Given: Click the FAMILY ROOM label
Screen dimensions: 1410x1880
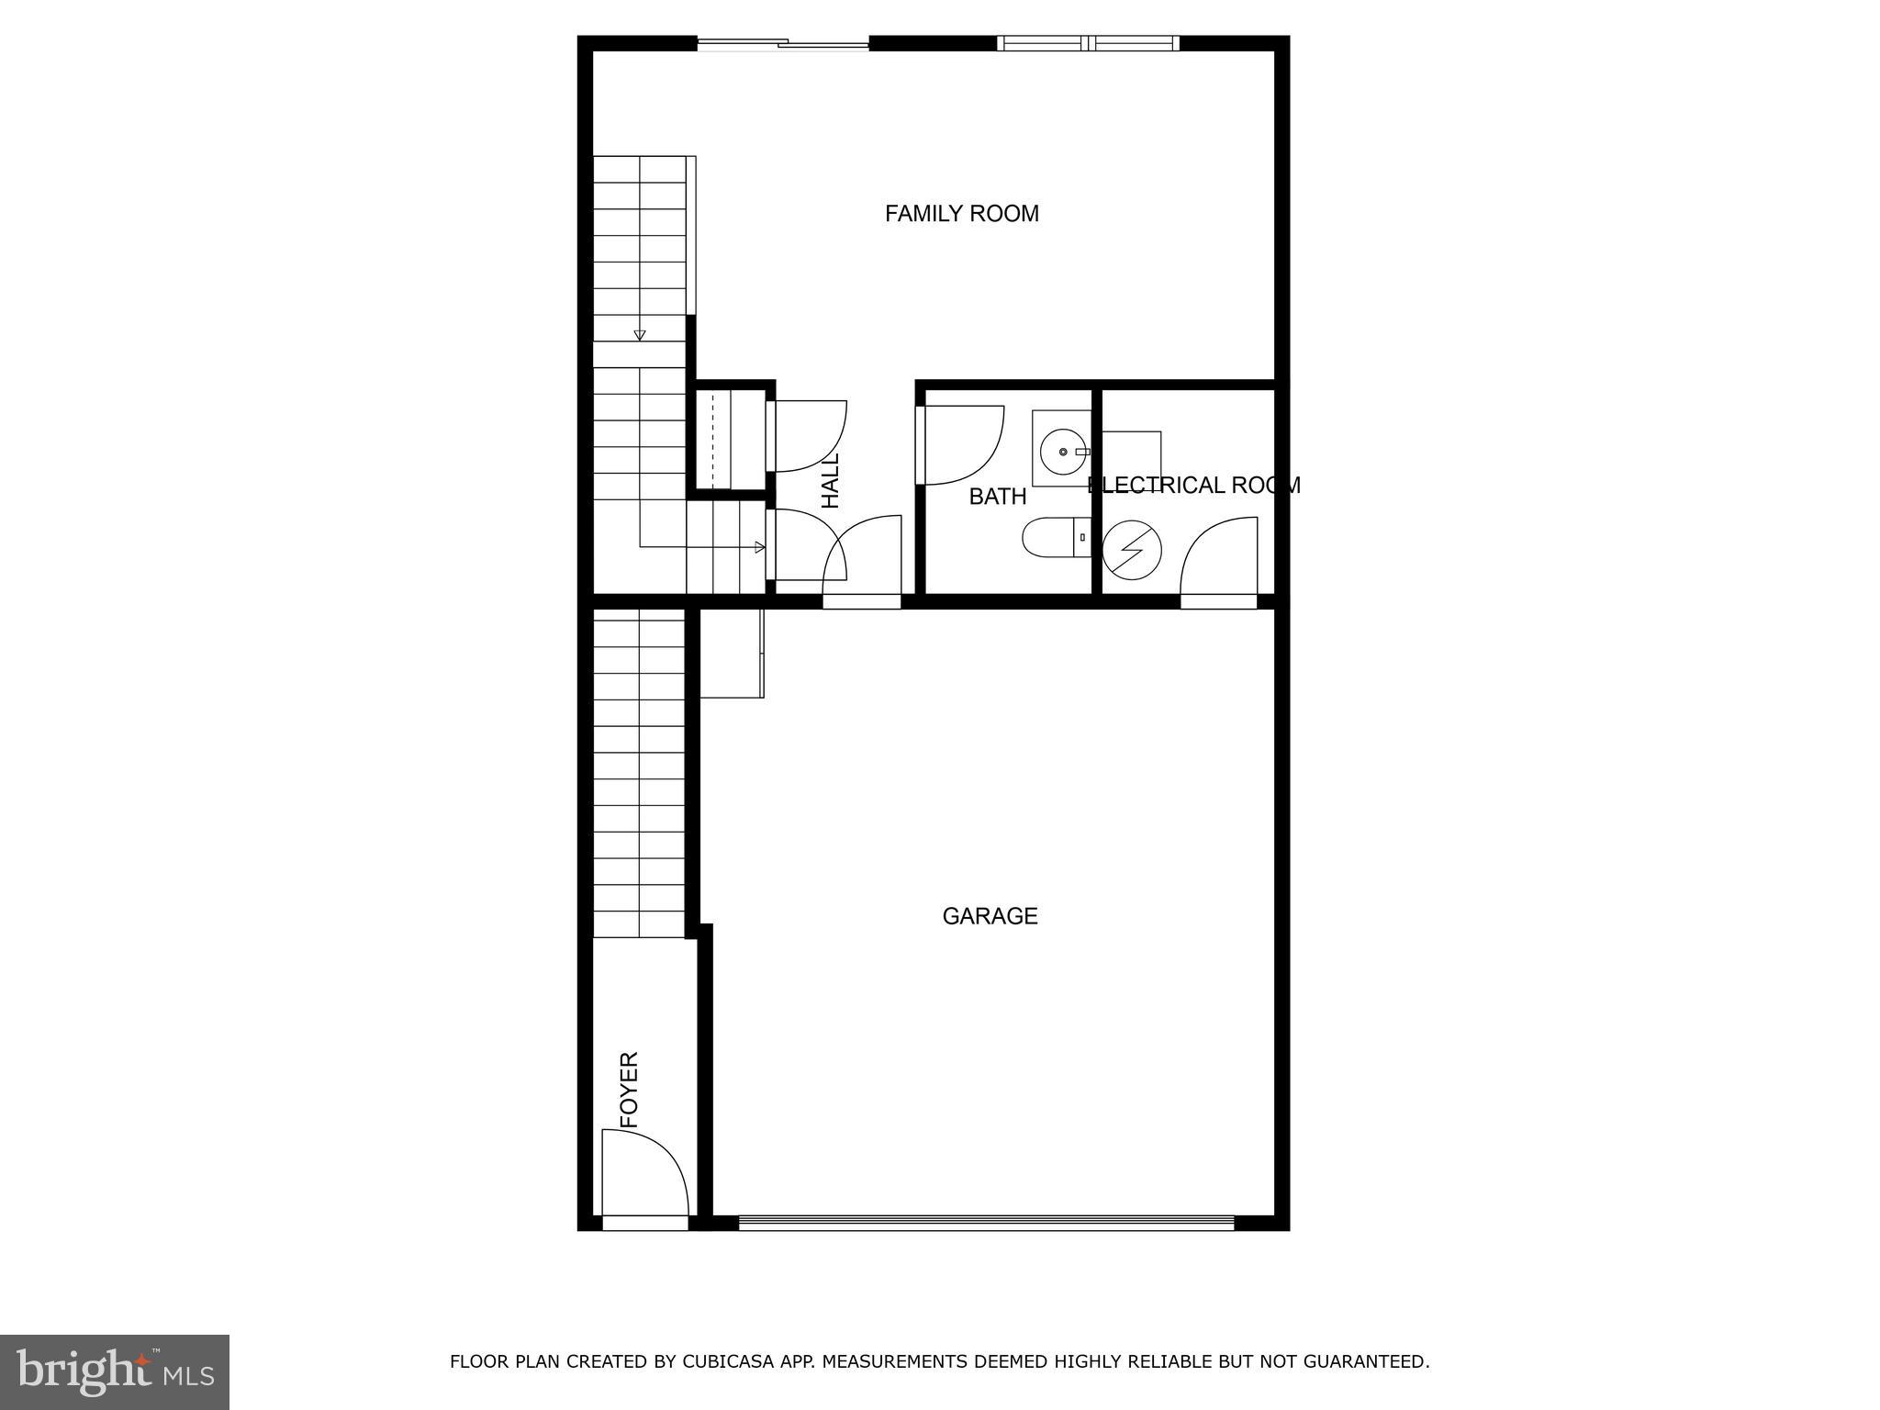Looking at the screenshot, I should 961,214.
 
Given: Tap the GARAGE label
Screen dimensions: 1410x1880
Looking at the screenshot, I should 990,916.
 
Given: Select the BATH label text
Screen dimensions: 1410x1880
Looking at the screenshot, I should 997,497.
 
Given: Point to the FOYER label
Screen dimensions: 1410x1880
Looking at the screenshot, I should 629,1090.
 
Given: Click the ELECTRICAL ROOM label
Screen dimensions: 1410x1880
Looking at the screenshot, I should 1193,485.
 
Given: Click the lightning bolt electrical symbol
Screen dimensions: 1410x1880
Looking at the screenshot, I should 1132,550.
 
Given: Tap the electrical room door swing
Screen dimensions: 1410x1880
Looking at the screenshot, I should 1219,556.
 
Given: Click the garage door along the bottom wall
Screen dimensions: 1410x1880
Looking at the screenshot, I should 987,1222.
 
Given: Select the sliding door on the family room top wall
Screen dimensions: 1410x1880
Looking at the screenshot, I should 783,42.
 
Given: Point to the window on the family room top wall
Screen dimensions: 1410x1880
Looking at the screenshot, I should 1088,42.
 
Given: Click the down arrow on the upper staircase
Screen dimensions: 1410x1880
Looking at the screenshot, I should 640,335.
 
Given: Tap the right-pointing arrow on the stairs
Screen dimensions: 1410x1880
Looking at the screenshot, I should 759,547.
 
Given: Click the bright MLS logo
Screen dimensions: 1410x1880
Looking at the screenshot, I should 115,1372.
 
